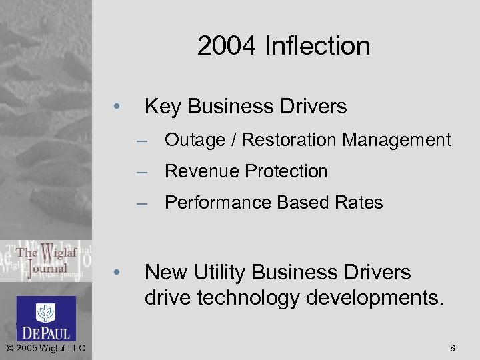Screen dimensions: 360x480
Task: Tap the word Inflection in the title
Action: [x=317, y=46]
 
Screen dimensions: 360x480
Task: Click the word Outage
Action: [x=195, y=140]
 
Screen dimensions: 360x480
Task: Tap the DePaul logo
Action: [x=46, y=319]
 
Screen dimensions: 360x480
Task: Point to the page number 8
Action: [x=453, y=348]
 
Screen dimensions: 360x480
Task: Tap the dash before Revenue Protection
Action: [x=141, y=172]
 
